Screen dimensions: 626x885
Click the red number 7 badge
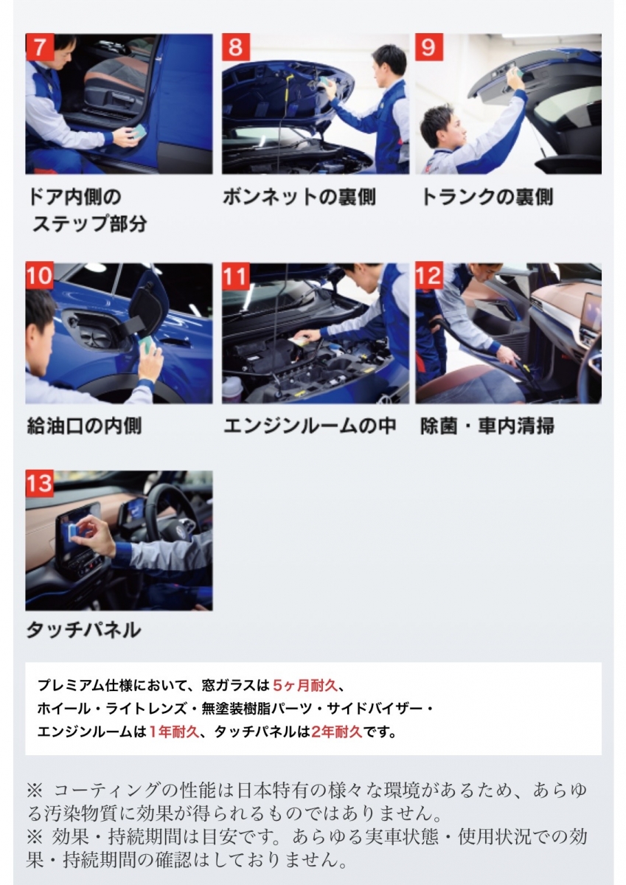tap(40, 47)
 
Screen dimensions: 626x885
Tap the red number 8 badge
tap(236, 47)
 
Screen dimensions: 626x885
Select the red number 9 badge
tap(429, 47)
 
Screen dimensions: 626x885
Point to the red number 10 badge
tap(40, 276)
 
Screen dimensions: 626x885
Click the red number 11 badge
tap(236, 276)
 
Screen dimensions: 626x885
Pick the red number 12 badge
tap(429, 276)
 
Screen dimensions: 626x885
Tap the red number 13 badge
tap(40, 483)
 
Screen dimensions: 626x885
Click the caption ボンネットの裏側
tap(299, 197)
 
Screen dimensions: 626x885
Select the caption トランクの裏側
tap(487, 197)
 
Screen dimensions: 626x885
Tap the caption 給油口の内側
tap(84, 426)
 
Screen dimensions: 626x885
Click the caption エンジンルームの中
tap(310, 426)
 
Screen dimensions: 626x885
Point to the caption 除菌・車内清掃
tap(487, 426)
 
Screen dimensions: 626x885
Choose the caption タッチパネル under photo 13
tap(84, 630)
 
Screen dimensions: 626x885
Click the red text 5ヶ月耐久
tap(305, 685)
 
